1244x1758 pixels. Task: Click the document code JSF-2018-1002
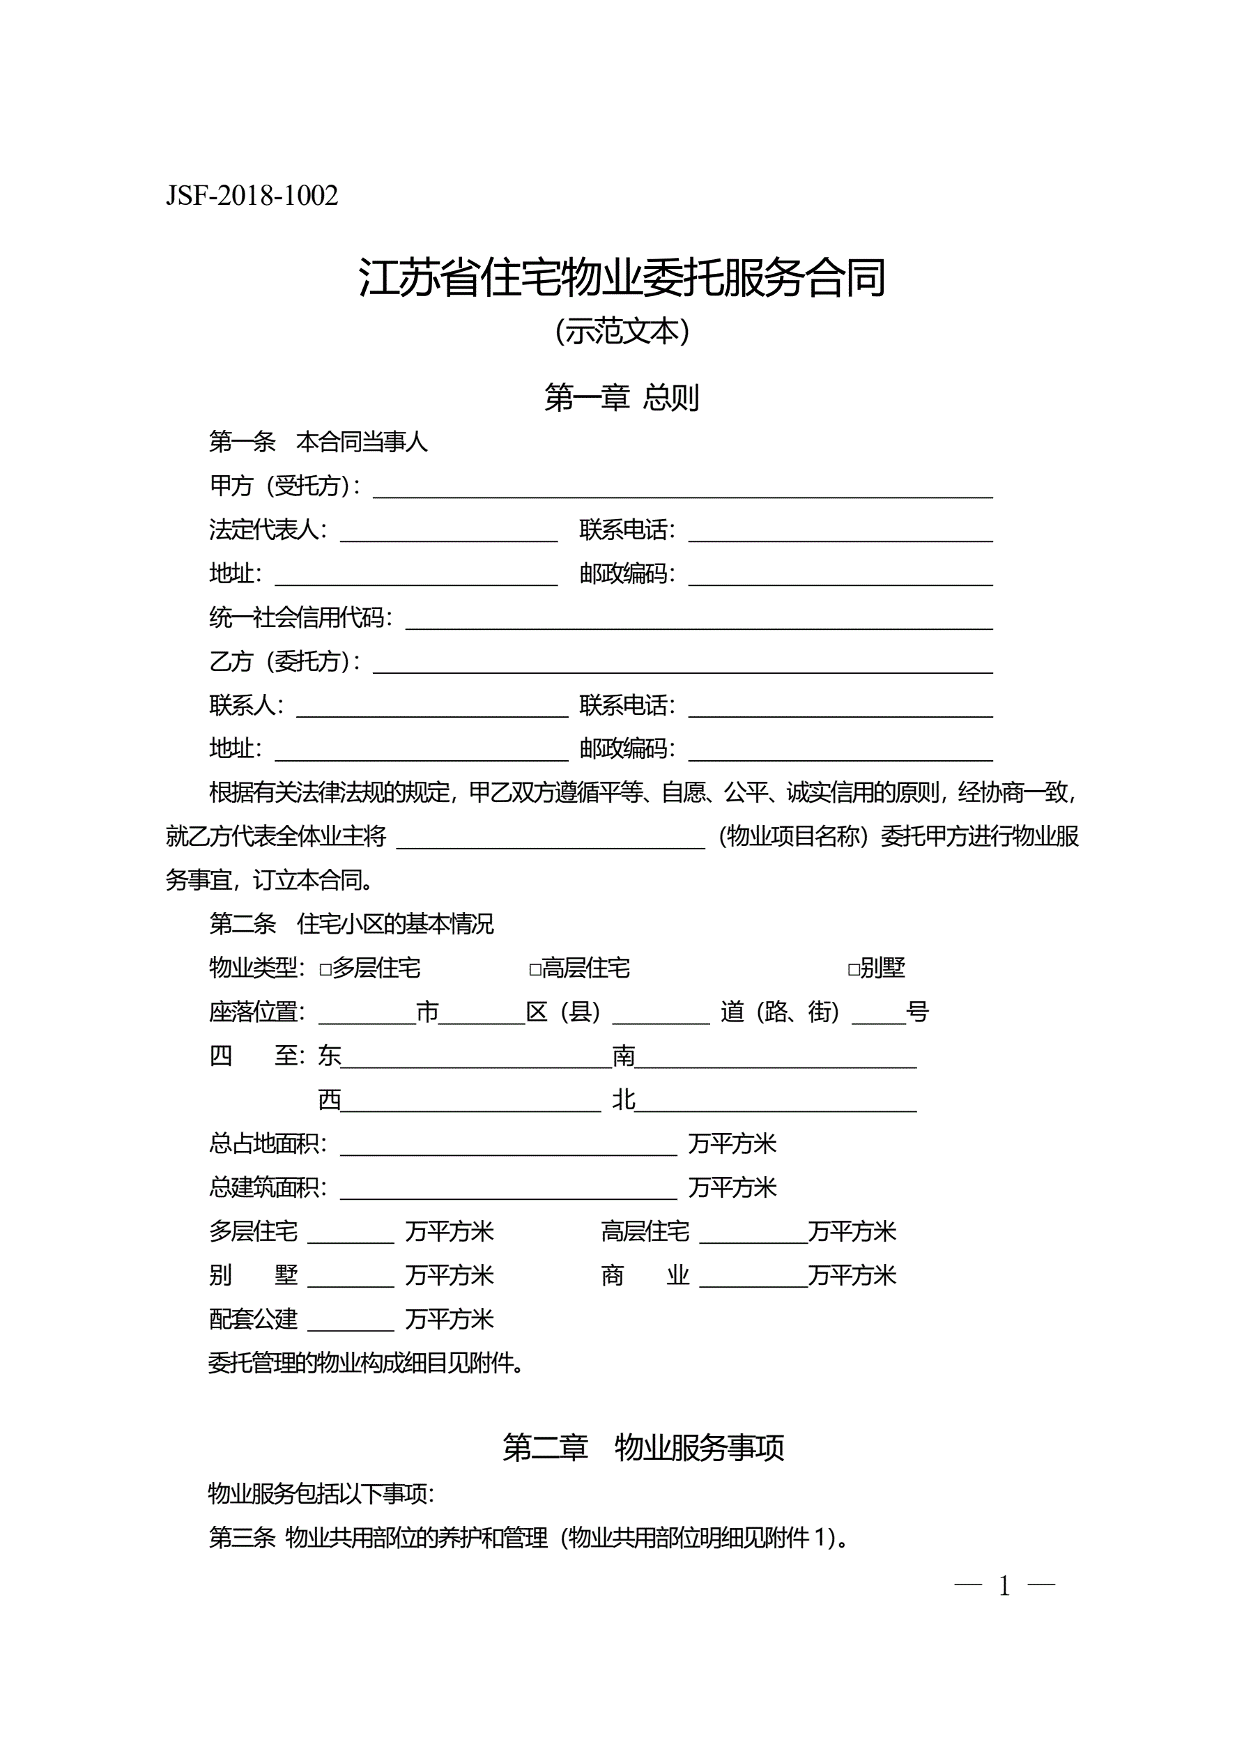[252, 196]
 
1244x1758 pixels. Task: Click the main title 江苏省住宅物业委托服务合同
[621, 277]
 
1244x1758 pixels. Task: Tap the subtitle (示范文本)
[621, 331]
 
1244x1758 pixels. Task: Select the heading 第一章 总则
[621, 397]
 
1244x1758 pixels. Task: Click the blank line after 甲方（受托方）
[682, 488]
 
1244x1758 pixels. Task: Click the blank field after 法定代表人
[448, 532]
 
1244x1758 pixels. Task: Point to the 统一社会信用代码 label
[300, 617]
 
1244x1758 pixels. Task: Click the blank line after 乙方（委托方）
[682, 664]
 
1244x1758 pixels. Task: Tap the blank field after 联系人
[431, 707]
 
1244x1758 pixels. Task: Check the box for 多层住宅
[325, 969]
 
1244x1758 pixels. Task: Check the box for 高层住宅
[535, 969]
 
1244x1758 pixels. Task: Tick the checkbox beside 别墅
[853, 969]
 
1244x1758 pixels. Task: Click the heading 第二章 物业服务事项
[643, 1448]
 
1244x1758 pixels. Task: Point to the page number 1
[1004, 1587]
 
